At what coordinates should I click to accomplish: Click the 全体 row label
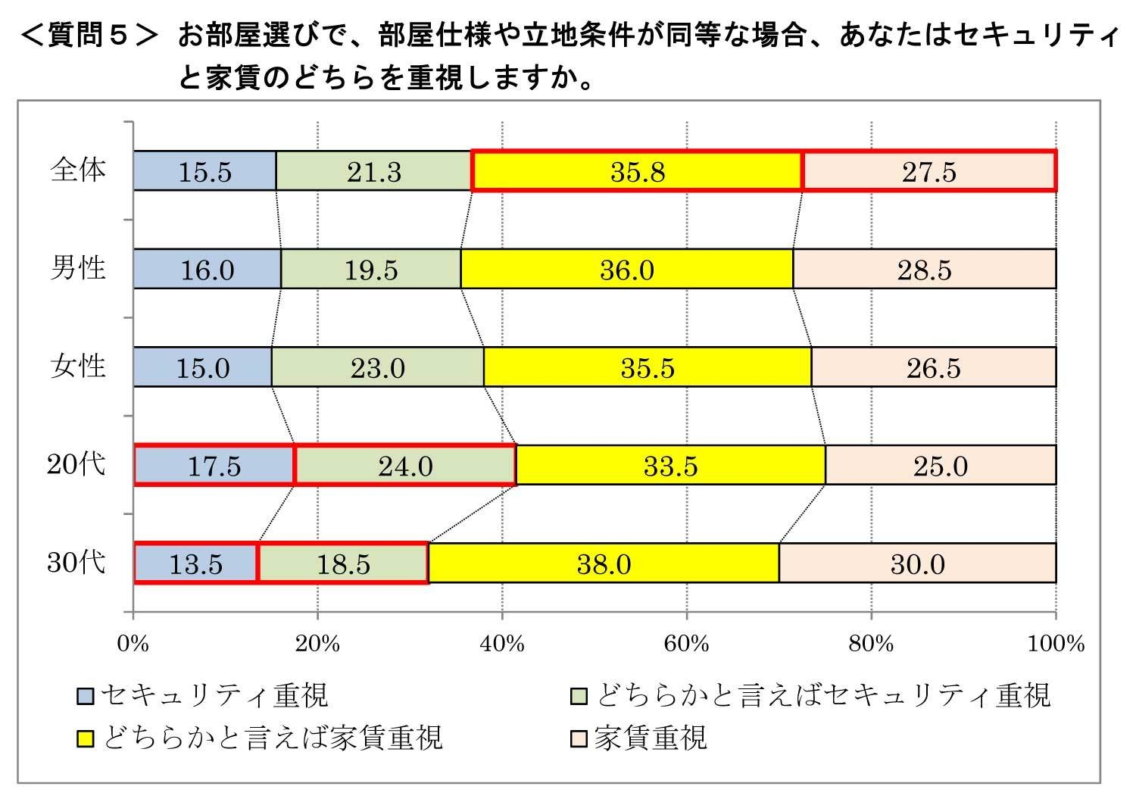(x=77, y=170)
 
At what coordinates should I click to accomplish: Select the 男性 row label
(x=77, y=268)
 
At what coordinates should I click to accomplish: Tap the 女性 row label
(x=77, y=367)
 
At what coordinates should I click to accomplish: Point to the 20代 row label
(x=76, y=464)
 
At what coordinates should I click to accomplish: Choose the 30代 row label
(x=76, y=563)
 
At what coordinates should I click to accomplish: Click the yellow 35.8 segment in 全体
(x=637, y=171)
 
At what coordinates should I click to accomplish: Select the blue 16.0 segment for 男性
(x=207, y=269)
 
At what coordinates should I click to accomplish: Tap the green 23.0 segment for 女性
(x=377, y=367)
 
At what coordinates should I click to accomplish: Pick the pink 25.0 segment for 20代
(x=940, y=465)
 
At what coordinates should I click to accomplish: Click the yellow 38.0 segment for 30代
(x=604, y=563)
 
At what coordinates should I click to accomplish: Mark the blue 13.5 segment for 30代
(x=195, y=563)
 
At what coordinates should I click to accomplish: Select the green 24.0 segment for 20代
(x=405, y=465)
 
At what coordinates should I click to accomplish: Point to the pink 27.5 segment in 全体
(x=928, y=171)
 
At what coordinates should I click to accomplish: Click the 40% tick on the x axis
(x=502, y=644)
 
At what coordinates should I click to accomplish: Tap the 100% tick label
(x=1055, y=644)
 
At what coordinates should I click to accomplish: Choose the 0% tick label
(x=133, y=644)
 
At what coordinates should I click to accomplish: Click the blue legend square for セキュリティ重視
(x=86, y=696)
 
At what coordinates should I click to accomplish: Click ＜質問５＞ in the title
(x=89, y=36)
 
